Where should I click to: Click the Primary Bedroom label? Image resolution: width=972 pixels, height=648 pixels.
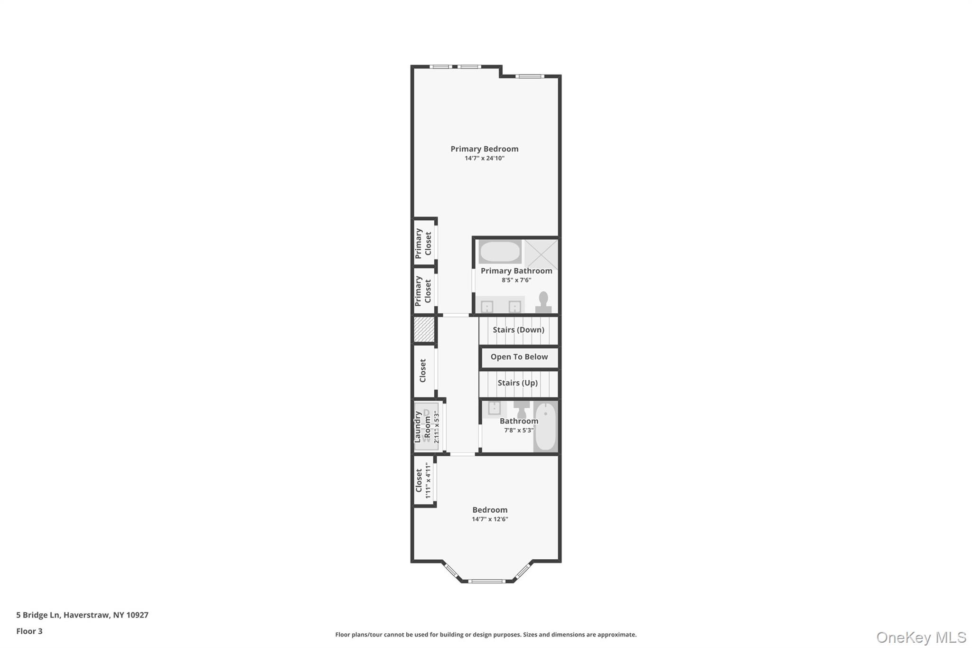click(x=484, y=149)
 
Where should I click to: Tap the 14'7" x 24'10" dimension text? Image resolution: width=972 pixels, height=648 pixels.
click(x=485, y=159)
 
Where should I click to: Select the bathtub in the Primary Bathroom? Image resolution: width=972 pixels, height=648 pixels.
click(x=499, y=252)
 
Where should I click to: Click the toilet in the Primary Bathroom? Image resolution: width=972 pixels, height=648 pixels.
click(x=543, y=302)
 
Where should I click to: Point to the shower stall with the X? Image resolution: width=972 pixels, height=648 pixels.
click(x=541, y=254)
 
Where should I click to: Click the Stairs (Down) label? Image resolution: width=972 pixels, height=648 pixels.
click(x=518, y=330)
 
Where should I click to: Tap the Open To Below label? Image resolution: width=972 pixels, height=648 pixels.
click(x=519, y=357)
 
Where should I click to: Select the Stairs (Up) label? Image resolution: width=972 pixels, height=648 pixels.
click(x=517, y=383)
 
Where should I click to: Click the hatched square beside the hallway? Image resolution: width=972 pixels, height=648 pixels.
click(x=424, y=329)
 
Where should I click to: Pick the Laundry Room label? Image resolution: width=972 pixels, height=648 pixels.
click(x=422, y=427)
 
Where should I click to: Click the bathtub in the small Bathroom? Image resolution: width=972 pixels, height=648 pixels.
click(x=546, y=427)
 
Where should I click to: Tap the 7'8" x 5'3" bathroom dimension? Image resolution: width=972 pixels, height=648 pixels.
click(x=519, y=431)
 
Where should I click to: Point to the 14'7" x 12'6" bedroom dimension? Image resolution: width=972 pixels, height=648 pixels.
click(x=490, y=519)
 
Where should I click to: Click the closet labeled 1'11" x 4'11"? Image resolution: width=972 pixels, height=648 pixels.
click(x=424, y=480)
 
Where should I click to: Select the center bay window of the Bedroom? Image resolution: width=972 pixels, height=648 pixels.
click(x=487, y=581)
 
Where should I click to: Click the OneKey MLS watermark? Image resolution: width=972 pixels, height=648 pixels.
click(x=921, y=637)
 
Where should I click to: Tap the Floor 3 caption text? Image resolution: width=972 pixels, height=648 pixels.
click(x=29, y=631)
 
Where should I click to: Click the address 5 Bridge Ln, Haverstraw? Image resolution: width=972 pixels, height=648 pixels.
click(x=82, y=615)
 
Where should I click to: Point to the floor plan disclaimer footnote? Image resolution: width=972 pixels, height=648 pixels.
click(x=486, y=635)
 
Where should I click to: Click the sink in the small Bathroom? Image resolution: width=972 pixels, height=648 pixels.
click(x=495, y=408)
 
